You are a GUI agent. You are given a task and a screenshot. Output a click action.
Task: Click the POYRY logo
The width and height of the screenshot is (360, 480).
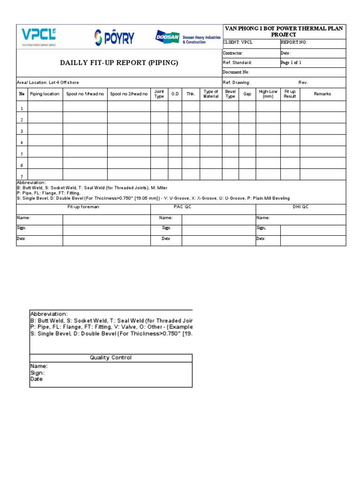click(114, 37)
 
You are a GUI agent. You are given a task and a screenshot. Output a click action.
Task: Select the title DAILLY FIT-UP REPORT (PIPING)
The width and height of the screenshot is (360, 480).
click(119, 63)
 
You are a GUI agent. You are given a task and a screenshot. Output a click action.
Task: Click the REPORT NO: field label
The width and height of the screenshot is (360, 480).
click(294, 42)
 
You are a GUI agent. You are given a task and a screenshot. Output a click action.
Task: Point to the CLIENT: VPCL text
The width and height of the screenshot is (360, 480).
click(238, 42)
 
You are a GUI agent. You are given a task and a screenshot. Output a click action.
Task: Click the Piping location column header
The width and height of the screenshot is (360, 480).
click(45, 94)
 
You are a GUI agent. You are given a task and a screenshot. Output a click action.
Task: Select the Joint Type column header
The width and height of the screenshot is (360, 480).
click(159, 94)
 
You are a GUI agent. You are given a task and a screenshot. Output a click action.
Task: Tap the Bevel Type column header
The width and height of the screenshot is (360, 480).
click(230, 94)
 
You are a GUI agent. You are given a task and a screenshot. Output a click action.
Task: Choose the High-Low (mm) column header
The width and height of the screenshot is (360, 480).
click(268, 94)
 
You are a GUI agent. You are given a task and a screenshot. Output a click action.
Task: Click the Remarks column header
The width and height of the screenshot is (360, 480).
click(322, 94)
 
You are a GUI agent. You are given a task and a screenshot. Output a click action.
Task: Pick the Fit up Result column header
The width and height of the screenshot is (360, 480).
click(290, 94)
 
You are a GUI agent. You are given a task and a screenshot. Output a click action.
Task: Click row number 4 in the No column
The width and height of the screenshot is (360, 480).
click(21, 142)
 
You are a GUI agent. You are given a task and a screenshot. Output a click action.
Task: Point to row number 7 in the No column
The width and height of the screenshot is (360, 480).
click(21, 176)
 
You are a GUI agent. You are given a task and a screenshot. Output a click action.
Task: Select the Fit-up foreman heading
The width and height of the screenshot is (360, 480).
click(83, 207)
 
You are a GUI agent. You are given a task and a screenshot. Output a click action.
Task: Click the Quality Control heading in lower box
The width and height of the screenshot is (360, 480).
click(111, 358)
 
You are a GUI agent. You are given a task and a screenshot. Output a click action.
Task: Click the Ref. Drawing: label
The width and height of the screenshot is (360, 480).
click(236, 82)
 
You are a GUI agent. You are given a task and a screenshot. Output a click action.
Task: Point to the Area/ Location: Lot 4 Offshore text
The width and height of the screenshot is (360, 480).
click(48, 82)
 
